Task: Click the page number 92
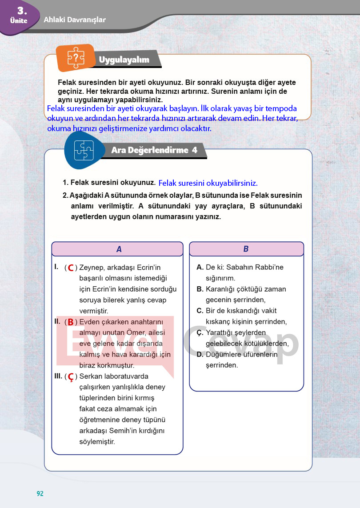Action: click(x=40, y=493)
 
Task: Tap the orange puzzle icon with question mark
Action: click(x=76, y=57)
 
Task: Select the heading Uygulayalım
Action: click(x=124, y=60)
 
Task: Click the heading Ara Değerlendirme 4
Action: click(x=154, y=150)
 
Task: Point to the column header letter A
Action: click(x=119, y=249)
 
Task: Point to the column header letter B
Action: click(x=246, y=249)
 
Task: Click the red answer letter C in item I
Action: click(x=70, y=268)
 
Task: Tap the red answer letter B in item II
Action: click(x=70, y=322)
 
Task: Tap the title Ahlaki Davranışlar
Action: click(x=75, y=20)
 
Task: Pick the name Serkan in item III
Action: click(x=91, y=376)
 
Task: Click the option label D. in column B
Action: click(x=200, y=355)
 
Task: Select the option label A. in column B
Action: click(x=200, y=268)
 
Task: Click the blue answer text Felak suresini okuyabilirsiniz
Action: click(x=208, y=183)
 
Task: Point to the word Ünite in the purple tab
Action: click(x=18, y=21)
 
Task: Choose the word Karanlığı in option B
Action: click(x=224, y=289)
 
